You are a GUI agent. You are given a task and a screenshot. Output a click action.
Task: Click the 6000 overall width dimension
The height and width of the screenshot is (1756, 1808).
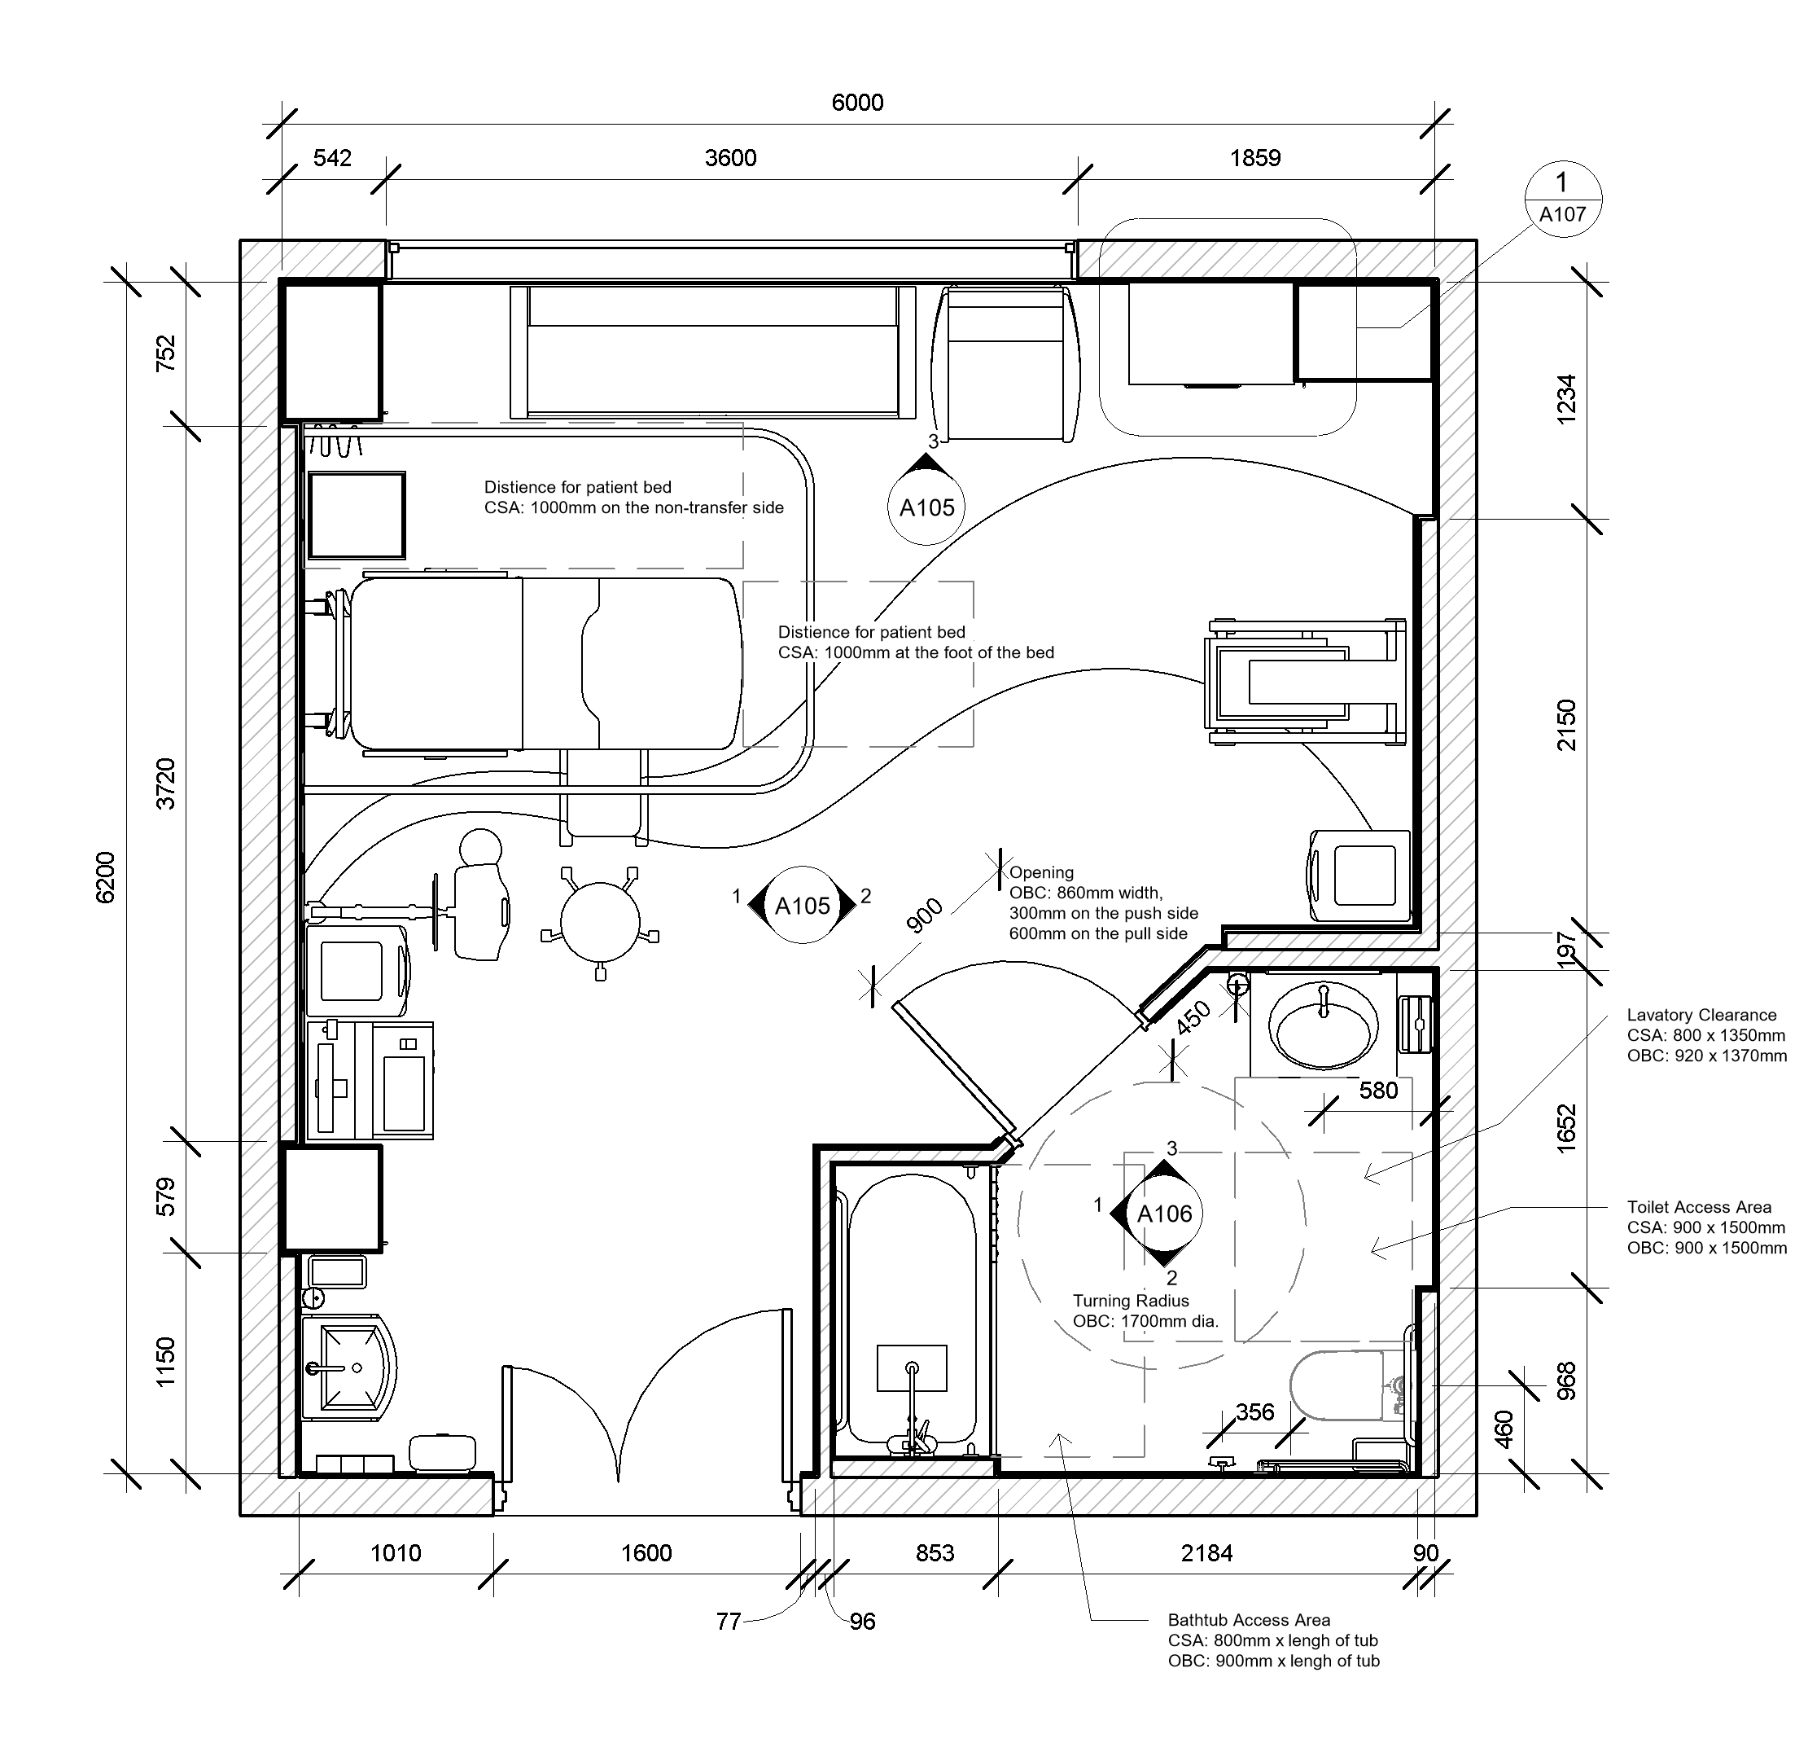[857, 103]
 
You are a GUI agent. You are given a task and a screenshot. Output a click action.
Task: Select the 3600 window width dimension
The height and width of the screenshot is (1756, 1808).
[729, 158]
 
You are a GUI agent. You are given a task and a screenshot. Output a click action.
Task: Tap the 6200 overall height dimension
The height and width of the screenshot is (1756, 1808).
[106, 876]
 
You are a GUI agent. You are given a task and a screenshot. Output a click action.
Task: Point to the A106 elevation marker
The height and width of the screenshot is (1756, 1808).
[1164, 1214]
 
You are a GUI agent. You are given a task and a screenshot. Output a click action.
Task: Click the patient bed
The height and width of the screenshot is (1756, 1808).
[545, 662]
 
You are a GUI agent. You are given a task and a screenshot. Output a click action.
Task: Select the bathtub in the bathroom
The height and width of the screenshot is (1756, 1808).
[912, 1310]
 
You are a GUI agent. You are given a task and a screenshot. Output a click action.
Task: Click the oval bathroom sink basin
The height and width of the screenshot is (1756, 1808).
[1323, 1025]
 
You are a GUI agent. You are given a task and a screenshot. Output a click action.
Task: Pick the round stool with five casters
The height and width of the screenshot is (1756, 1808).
[601, 922]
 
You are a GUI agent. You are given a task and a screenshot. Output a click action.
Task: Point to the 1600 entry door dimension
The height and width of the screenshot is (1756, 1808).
[646, 1553]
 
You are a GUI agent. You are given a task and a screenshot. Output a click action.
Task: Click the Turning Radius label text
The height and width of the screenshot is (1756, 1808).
[1130, 1300]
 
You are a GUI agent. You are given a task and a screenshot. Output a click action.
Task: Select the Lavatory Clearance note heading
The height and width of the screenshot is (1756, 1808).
[1701, 1015]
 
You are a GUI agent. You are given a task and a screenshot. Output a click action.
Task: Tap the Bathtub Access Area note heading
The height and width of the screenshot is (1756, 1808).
[1248, 1619]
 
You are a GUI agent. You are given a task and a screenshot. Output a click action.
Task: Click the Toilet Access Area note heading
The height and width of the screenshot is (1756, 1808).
[1698, 1207]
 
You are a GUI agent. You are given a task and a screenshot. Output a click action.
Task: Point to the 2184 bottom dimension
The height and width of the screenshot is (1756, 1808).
[1206, 1553]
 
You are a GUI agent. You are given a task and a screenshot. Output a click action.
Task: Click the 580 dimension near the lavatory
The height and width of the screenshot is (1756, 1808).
[1378, 1091]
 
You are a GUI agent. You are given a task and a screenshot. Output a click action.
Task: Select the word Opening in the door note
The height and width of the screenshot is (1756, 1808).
[1040, 872]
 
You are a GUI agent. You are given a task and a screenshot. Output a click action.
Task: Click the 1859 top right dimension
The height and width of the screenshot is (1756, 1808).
[1254, 158]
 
